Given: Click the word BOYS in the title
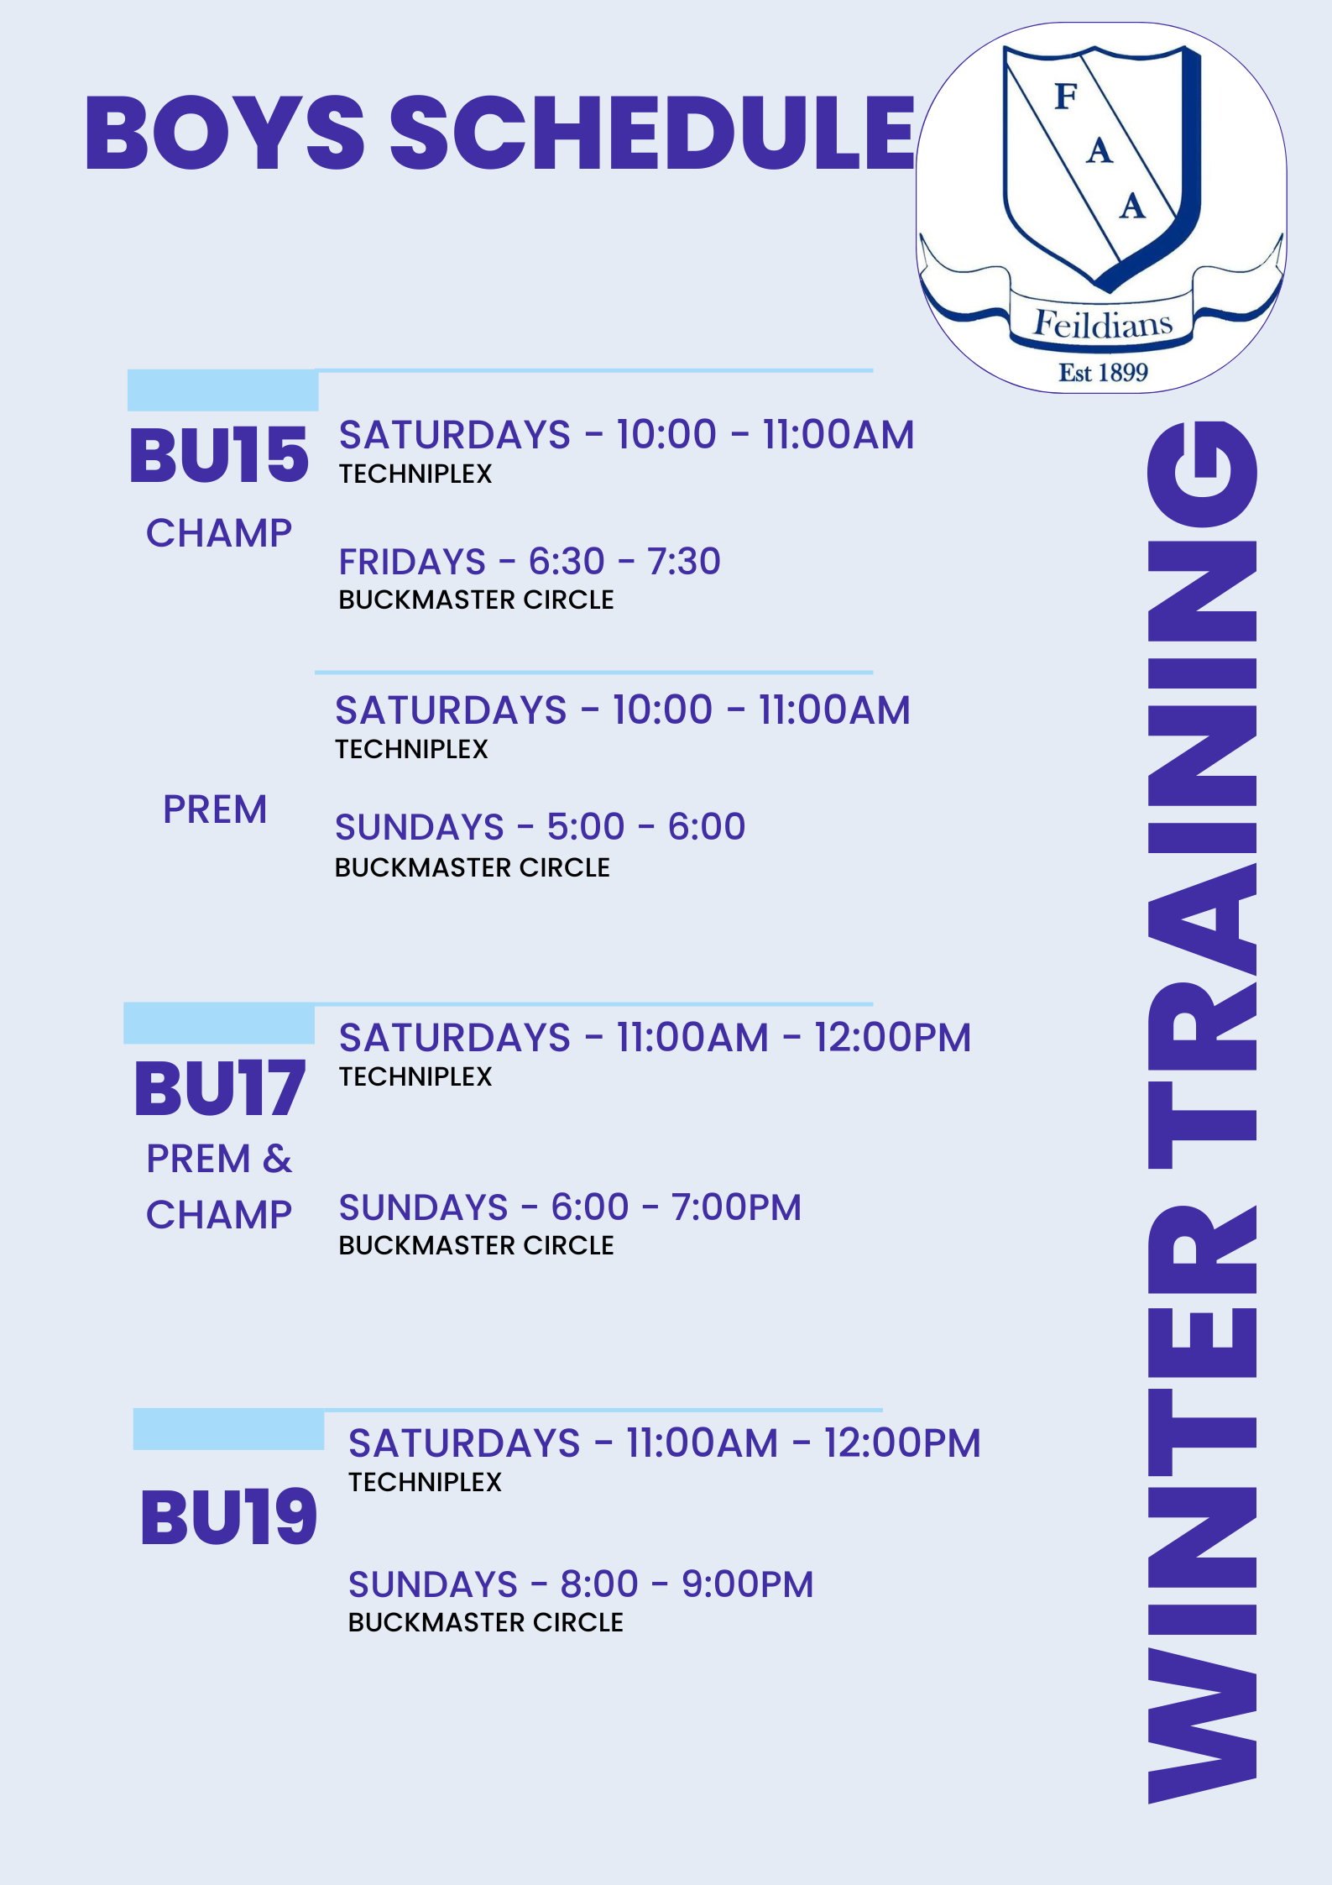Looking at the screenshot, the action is (x=225, y=133).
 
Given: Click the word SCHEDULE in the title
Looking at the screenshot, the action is (x=652, y=133).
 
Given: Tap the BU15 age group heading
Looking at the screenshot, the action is (x=219, y=455).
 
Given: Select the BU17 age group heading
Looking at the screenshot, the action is (x=220, y=1088).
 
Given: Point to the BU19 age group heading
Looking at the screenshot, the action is (x=228, y=1518).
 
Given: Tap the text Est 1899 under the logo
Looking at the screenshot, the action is (x=1103, y=372).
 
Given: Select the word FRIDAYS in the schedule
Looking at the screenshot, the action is (x=412, y=562).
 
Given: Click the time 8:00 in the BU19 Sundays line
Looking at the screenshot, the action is (x=599, y=1584).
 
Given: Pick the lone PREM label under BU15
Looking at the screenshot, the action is (x=215, y=809).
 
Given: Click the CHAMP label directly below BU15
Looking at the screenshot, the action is (x=219, y=533).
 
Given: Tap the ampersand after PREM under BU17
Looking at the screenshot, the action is (x=277, y=1159).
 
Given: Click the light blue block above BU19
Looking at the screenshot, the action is (x=228, y=1430).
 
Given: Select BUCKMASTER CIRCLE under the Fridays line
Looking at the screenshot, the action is (x=476, y=600).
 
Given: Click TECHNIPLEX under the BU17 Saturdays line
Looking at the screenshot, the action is (x=415, y=1076).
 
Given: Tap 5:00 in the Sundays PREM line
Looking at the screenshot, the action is (x=586, y=827).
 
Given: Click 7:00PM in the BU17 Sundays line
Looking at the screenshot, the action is (x=736, y=1207).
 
